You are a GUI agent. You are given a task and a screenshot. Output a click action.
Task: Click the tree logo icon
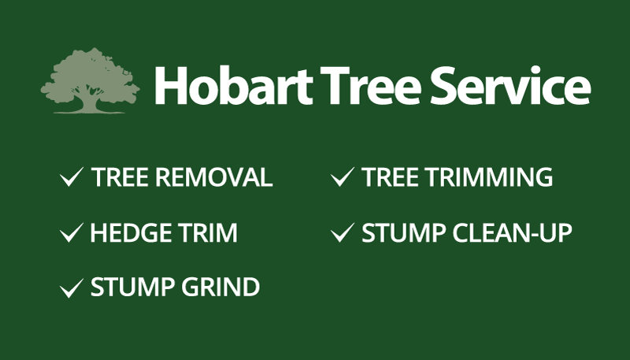pyautogui.click(x=90, y=80)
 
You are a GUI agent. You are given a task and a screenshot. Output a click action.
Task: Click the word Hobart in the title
pyautogui.click(x=233, y=86)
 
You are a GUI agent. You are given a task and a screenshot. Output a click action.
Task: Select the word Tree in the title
pyautogui.click(x=370, y=86)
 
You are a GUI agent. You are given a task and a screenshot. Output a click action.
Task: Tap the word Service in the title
pyautogui.click(x=510, y=86)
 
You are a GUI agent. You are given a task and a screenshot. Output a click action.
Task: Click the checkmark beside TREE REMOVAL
pyautogui.click(x=72, y=176)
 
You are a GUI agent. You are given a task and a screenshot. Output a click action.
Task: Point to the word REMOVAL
pyautogui.click(x=214, y=177)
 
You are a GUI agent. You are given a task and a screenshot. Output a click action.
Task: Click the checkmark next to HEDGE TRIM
pyautogui.click(x=72, y=232)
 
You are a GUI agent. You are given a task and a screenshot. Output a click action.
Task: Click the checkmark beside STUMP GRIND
pyautogui.click(x=72, y=288)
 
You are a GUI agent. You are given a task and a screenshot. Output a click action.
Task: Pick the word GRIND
pyautogui.click(x=220, y=288)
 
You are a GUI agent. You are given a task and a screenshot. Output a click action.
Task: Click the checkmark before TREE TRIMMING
pyautogui.click(x=343, y=176)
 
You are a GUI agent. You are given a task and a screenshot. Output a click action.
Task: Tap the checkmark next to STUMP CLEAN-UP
pyautogui.click(x=343, y=232)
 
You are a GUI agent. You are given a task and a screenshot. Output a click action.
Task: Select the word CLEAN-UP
pyautogui.click(x=513, y=232)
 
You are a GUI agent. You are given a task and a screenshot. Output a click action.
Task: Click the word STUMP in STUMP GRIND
pyautogui.click(x=132, y=288)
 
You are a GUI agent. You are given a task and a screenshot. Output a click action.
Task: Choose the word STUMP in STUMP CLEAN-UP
pyautogui.click(x=404, y=232)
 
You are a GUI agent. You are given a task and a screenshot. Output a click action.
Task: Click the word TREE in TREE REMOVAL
pyautogui.click(x=120, y=177)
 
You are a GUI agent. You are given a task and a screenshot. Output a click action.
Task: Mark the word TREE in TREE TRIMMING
pyautogui.click(x=391, y=177)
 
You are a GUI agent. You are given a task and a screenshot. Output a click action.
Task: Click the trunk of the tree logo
pyautogui.click(x=90, y=102)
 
